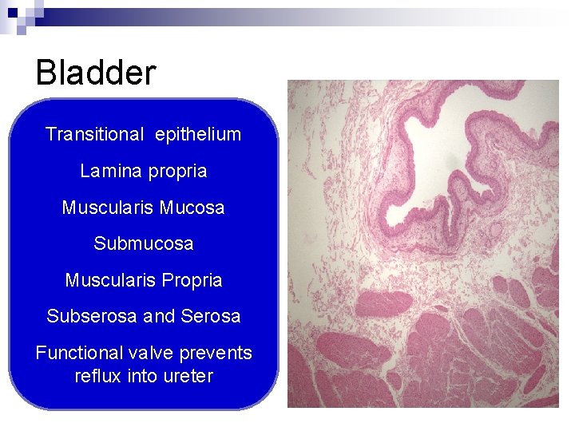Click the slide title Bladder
click(96, 73)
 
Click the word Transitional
click(93, 134)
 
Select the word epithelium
click(198, 134)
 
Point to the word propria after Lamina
click(177, 172)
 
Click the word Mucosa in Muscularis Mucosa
click(192, 208)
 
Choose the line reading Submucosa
click(144, 243)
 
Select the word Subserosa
click(92, 316)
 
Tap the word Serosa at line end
click(211, 316)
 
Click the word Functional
click(79, 353)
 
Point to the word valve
click(152, 353)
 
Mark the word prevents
click(216, 353)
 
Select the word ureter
click(188, 375)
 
